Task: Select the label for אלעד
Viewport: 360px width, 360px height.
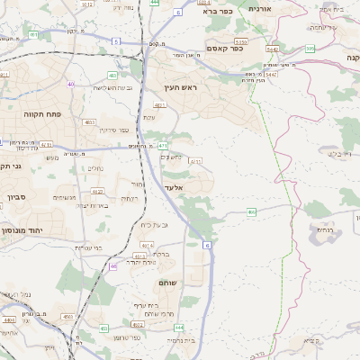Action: (x=175, y=187)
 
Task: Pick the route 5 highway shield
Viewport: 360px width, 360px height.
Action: (x=116, y=41)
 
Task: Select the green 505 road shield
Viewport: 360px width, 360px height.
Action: (x=309, y=48)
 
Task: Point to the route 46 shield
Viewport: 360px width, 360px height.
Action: (x=113, y=266)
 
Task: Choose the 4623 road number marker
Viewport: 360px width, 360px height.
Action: (x=97, y=192)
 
